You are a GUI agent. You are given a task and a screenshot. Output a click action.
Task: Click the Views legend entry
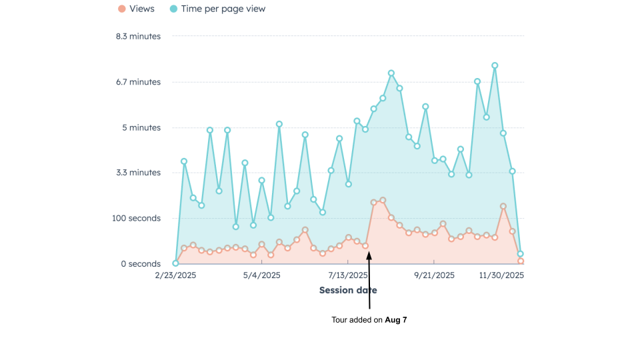(142, 9)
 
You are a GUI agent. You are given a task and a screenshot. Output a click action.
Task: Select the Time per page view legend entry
(223, 9)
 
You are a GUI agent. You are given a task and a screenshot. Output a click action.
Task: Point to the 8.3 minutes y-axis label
(138, 36)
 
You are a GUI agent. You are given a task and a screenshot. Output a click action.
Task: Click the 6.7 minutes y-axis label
(138, 82)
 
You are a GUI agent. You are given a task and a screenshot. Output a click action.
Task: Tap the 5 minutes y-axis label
(141, 127)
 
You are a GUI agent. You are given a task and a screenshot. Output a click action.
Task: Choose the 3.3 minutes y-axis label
(138, 173)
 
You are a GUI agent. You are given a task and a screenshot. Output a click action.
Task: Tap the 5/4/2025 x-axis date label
(262, 275)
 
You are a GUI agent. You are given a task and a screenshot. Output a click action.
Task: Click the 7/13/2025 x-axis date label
(348, 275)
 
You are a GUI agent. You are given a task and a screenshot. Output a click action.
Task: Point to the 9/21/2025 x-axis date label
(434, 275)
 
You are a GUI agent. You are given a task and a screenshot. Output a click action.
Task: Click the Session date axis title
(348, 290)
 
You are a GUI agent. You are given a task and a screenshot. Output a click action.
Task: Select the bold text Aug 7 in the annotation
(396, 320)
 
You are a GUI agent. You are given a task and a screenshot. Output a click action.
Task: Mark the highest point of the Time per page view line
(495, 65)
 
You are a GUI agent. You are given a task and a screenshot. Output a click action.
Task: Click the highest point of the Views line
(383, 200)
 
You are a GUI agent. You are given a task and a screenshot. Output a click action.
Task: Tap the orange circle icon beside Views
(121, 9)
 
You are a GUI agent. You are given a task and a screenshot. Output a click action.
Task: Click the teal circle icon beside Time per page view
(173, 9)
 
